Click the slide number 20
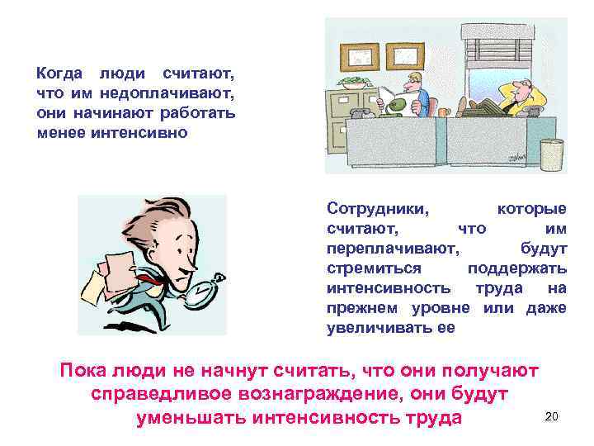552,416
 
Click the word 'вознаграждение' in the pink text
319,394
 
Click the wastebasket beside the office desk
552,153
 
